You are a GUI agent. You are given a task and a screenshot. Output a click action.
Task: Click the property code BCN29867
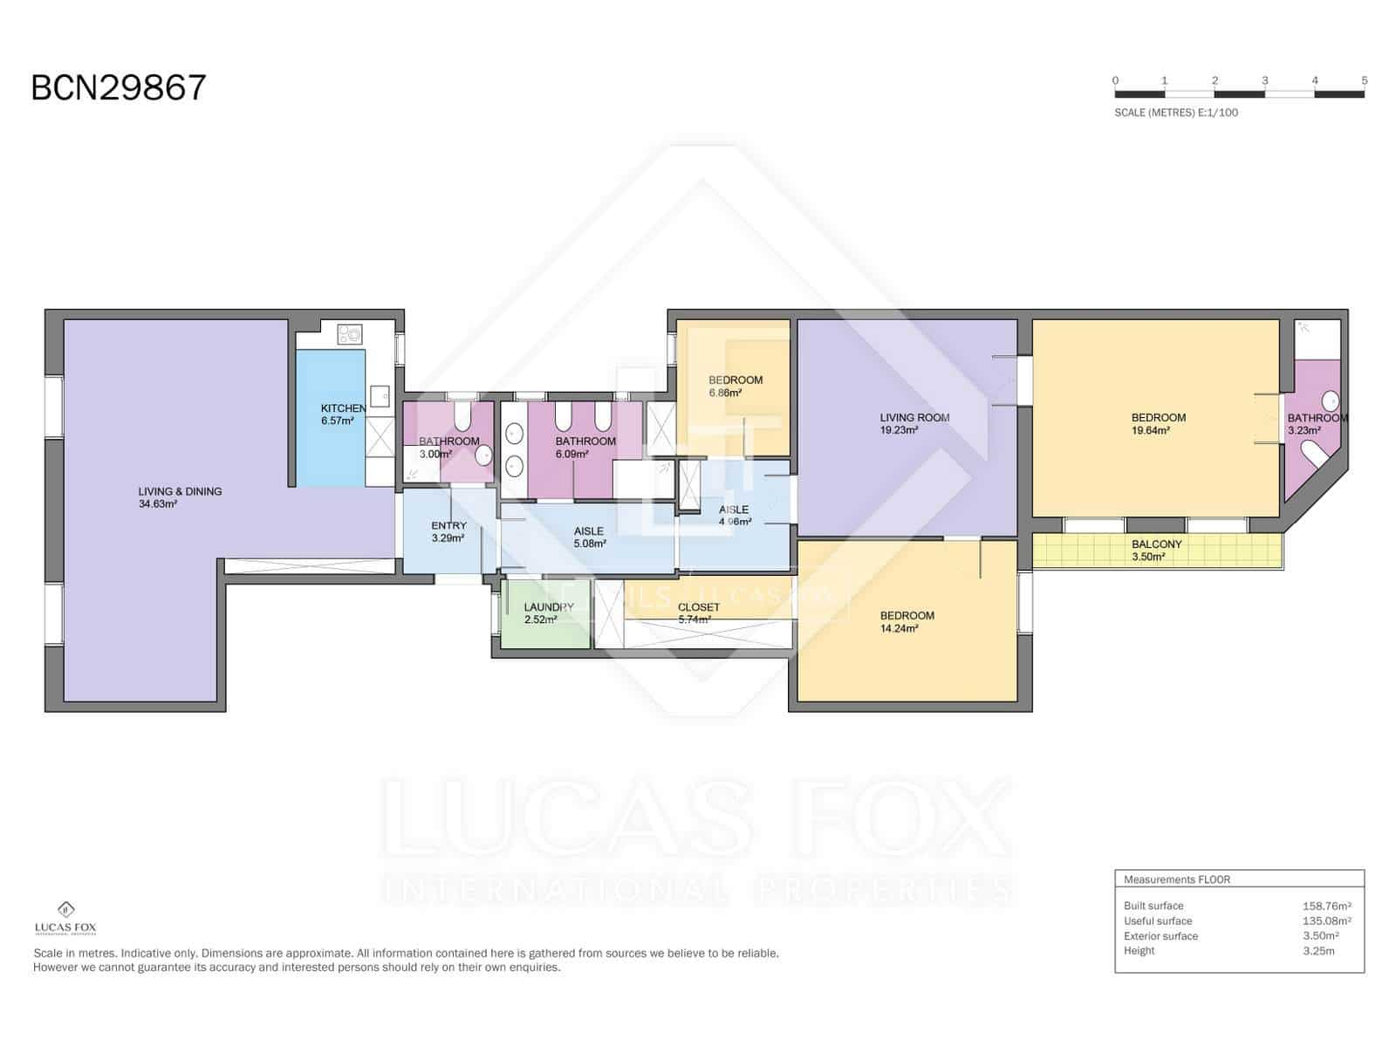119,88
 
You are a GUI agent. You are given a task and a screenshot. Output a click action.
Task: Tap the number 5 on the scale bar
1364,80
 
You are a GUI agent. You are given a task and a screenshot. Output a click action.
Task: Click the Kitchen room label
343,408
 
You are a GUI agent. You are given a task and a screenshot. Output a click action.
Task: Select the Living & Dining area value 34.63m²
158,504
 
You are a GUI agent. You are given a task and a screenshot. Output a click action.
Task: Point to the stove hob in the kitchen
351,333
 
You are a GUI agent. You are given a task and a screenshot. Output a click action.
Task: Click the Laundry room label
549,607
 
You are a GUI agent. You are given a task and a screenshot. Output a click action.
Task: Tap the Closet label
698,607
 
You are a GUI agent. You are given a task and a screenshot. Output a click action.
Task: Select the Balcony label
1156,544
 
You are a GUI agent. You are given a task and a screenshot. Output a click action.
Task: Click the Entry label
448,526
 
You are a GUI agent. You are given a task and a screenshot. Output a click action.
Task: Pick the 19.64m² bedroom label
1158,418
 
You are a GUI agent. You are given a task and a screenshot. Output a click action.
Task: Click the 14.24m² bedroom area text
899,628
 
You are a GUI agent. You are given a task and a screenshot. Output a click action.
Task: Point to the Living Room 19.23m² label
914,418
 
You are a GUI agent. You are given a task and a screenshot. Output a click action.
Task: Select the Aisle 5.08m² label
589,531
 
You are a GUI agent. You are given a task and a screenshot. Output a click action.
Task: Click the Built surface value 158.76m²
1326,907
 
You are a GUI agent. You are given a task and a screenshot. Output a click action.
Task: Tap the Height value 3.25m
1318,951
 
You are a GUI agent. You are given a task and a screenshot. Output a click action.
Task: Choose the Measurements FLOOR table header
1176,879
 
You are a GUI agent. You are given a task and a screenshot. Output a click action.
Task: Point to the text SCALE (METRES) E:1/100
1175,113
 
